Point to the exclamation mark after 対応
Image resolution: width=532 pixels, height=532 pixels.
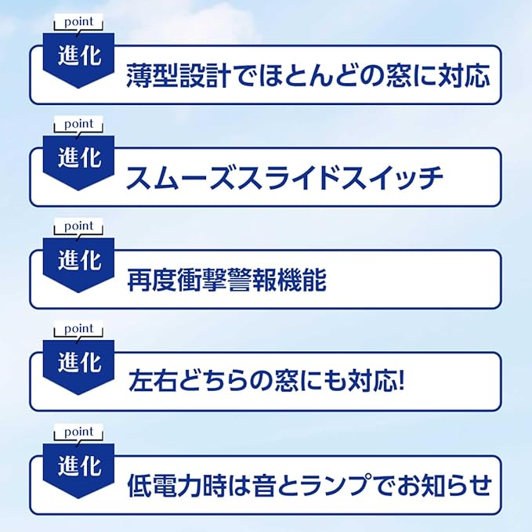[400, 384]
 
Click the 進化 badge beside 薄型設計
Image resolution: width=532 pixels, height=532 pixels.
[79, 56]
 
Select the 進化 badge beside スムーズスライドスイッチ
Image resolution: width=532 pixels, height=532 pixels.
[79, 159]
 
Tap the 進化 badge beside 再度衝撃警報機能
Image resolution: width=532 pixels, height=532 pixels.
[79, 262]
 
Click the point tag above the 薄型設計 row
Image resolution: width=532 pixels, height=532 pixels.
[78, 21]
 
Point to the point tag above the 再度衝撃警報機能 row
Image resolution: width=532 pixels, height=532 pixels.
[78, 226]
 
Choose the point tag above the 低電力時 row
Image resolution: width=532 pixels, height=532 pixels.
[78, 432]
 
